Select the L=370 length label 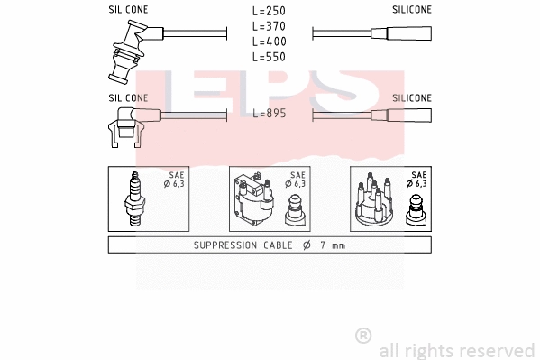click(x=269, y=27)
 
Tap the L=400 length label click(x=269, y=42)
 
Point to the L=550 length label click(x=269, y=57)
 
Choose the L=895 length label click(x=269, y=114)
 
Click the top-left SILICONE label click(x=128, y=9)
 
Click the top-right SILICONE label click(x=411, y=9)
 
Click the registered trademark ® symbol click(x=362, y=336)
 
